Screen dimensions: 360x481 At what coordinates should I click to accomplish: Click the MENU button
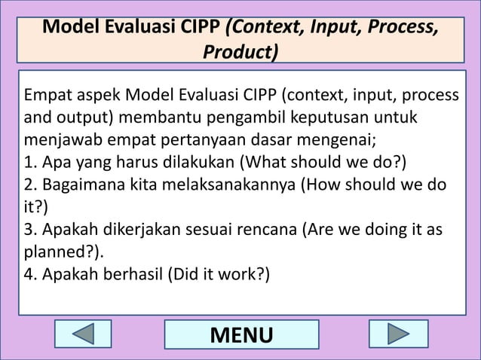pos(241,335)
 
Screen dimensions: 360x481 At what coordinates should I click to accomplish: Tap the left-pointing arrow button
pos(83,335)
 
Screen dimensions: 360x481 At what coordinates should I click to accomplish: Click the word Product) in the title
pos(240,52)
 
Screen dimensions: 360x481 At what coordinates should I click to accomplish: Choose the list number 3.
pos(30,228)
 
